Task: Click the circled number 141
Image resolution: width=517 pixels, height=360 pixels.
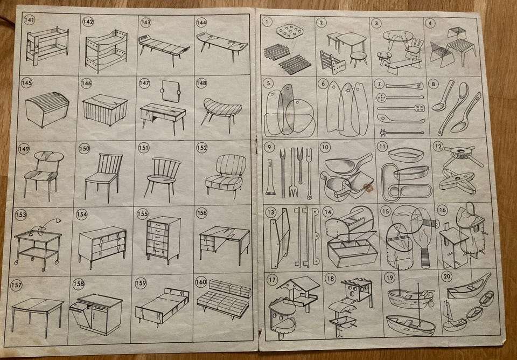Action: click(29, 20)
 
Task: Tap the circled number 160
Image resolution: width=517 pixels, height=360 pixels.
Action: click(201, 282)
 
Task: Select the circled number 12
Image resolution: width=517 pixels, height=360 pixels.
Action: click(438, 146)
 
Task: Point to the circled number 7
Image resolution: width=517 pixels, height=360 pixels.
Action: click(379, 84)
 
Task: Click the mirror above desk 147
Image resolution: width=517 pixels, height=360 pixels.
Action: click(170, 91)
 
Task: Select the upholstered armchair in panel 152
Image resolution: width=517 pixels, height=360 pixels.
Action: click(226, 176)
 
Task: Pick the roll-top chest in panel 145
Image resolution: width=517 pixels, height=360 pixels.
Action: click(47, 109)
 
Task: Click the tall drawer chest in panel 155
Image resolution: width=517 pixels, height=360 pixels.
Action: click(163, 240)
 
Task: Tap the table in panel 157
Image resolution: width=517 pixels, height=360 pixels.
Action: click(37, 315)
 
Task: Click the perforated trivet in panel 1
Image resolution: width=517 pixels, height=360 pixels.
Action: click(290, 32)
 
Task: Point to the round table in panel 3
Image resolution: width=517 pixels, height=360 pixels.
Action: click(398, 38)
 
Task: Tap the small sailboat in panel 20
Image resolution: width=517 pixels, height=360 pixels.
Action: click(449, 314)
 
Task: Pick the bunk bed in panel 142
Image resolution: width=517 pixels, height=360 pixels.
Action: click(106, 51)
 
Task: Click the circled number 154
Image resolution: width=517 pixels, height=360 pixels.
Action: click(81, 214)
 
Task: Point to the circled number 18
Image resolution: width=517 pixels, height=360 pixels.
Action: click(330, 279)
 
